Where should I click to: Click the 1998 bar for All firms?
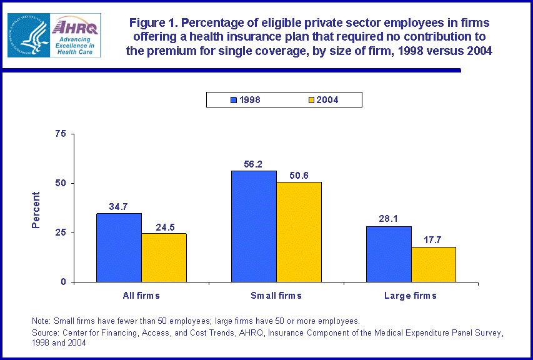pos(119,247)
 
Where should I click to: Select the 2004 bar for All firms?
pos(164,257)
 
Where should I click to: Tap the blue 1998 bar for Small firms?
pos(254,226)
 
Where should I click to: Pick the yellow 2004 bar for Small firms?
pos(299,232)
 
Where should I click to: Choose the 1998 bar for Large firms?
pos(389,254)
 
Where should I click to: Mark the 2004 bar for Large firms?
pos(434,264)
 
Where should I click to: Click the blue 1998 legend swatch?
pos(235,99)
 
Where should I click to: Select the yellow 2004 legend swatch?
pos(312,99)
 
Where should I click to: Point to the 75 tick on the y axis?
pos(61,134)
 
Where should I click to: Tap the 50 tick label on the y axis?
pos(61,183)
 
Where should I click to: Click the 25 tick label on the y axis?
pos(61,232)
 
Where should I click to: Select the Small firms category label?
pos(276,295)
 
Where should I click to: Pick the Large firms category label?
pos(411,295)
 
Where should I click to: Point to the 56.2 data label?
pos(254,164)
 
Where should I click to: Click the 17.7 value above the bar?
pos(434,241)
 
